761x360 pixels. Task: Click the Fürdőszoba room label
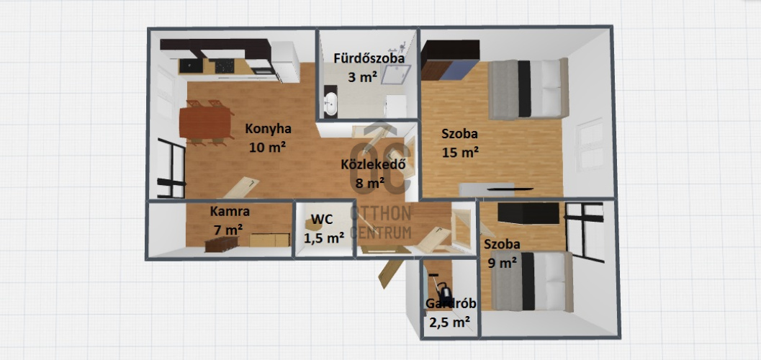coord(369,58)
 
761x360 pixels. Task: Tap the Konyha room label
coord(268,129)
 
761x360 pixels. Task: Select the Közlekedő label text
coord(373,164)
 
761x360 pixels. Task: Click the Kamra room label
coord(230,212)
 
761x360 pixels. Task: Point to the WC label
coord(323,220)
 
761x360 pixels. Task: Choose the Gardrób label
coord(451,305)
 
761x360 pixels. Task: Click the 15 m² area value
coord(461,153)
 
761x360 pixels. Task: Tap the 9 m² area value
coord(501,263)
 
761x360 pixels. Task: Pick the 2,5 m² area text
coord(449,322)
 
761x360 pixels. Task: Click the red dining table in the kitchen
coord(205,122)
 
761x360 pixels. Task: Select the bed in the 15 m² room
coord(528,89)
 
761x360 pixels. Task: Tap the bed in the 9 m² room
coord(532,282)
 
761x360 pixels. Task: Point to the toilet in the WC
coord(312,225)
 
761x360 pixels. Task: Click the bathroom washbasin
coord(330,102)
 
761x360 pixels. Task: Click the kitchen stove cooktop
coord(225,66)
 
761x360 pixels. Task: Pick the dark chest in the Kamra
coord(222,243)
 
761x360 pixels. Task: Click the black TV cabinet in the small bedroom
coord(529,213)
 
